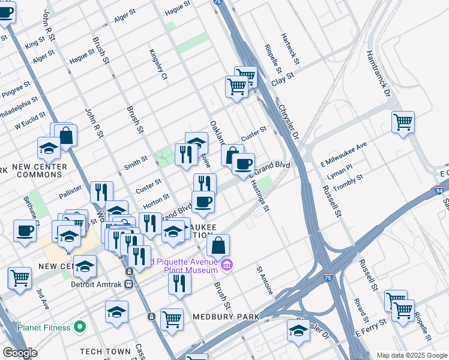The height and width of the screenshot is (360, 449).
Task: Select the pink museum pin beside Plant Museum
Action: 227,265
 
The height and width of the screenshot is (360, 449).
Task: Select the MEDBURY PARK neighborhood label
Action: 226,316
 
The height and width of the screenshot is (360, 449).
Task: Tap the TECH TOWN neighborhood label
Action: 106,352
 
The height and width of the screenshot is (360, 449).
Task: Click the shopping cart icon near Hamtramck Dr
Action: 403,122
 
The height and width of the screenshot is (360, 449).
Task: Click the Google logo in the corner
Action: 19,353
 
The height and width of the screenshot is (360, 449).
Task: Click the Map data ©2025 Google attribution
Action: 412,355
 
